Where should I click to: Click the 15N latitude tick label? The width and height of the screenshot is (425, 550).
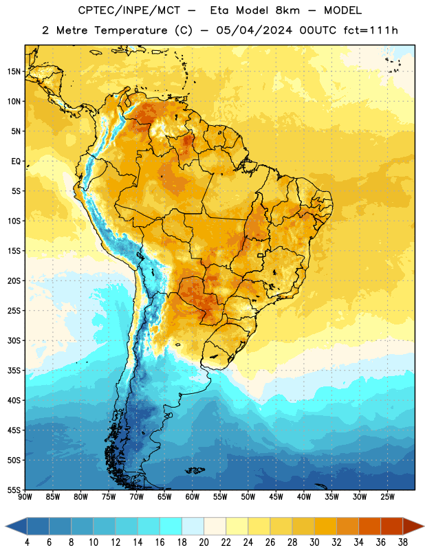click(x=14, y=71)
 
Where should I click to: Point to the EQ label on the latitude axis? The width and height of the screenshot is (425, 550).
click(x=16, y=162)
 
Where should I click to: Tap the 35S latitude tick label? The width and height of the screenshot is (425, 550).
click(x=14, y=371)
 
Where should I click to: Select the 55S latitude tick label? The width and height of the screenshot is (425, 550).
click(x=14, y=490)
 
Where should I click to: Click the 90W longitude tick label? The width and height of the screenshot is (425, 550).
click(x=25, y=497)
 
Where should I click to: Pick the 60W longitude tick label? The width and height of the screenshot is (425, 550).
click(x=193, y=497)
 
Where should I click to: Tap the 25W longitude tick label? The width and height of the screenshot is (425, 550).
click(x=387, y=497)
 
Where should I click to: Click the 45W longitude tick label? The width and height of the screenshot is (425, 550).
click(x=276, y=497)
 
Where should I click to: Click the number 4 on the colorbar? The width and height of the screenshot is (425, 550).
click(x=27, y=542)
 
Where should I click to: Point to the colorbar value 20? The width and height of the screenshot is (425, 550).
click(x=204, y=542)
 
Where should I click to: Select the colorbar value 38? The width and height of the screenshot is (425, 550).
click(x=402, y=542)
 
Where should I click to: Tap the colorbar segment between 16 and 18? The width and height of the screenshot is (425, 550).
click(x=171, y=527)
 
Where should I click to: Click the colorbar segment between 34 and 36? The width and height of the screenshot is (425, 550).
click(x=369, y=527)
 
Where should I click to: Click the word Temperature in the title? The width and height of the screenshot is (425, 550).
click(x=131, y=30)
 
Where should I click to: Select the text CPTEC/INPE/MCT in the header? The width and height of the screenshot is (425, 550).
click(x=129, y=10)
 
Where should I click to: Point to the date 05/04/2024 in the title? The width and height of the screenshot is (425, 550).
click(x=254, y=30)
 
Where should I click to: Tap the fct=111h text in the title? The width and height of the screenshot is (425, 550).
click(x=371, y=30)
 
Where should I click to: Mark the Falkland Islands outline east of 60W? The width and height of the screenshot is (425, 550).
click(x=195, y=470)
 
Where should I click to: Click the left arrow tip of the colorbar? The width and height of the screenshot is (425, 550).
click(x=6, y=527)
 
